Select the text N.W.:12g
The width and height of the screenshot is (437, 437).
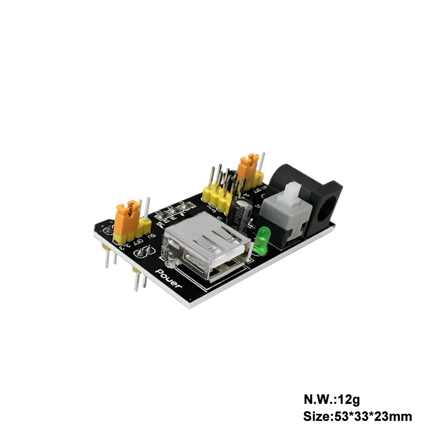(332, 399)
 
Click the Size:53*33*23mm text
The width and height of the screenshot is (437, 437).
(357, 416)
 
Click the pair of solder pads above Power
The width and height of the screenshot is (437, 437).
(145, 252)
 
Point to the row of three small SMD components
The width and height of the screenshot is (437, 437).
(173, 212)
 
